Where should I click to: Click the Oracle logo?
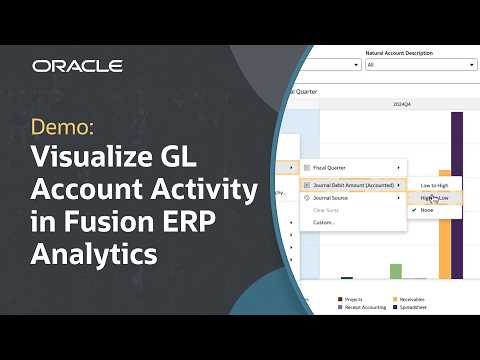(77, 66)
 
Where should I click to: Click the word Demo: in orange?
(64, 129)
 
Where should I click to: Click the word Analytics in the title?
(95, 254)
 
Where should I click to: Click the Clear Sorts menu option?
(329, 210)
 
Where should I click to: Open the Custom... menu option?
(326, 222)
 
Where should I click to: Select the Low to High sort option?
(434, 186)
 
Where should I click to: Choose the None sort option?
(427, 210)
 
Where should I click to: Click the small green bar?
(396, 271)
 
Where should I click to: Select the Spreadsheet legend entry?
(415, 306)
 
